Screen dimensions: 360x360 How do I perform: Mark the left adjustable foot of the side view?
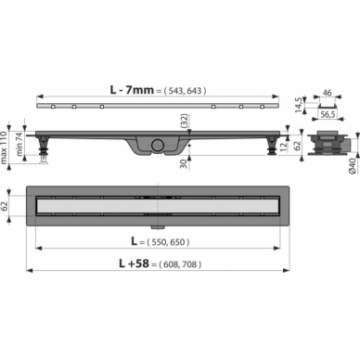tap(45, 146)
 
